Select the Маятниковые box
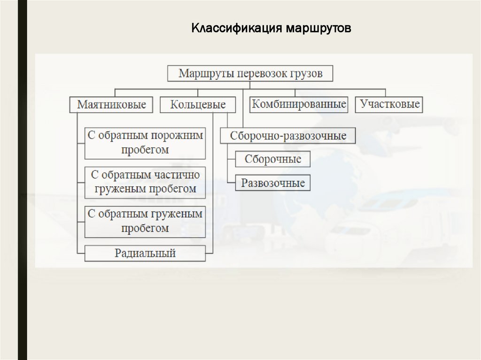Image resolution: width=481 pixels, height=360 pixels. tap(111, 104)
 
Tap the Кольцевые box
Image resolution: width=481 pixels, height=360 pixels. tap(197, 104)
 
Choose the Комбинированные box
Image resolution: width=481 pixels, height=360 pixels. tap(299, 104)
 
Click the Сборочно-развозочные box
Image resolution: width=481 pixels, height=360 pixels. tap(288, 136)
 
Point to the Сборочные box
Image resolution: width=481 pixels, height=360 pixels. tap(273, 159)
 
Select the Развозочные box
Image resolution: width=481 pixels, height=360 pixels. tap(273, 183)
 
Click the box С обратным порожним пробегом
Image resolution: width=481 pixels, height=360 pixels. tap(145, 143)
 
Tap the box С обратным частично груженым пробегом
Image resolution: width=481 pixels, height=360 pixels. tap(145, 182)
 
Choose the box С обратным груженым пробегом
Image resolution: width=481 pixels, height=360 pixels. tap(145, 221)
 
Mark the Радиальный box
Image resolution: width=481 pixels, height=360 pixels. tap(145, 254)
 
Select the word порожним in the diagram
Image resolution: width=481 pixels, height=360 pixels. tap(178, 136)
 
